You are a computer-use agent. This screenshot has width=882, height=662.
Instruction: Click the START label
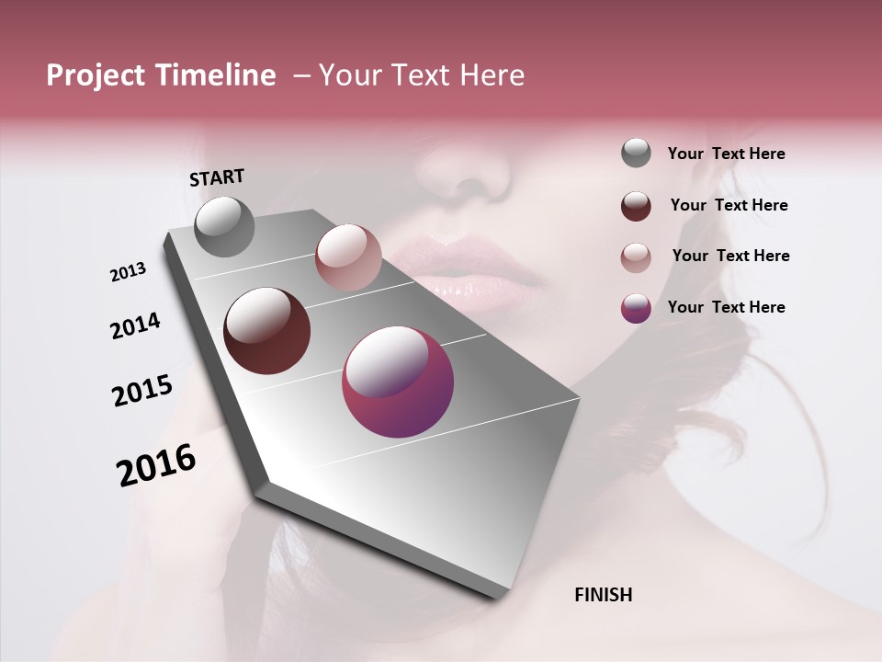(217, 177)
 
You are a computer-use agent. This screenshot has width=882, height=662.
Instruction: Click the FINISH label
(603, 595)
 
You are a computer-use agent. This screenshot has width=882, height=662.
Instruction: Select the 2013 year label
(128, 272)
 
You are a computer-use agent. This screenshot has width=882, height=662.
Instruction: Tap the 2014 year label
(135, 325)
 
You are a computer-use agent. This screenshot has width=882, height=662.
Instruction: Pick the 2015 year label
(141, 391)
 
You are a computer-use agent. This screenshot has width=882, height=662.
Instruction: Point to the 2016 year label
(156, 465)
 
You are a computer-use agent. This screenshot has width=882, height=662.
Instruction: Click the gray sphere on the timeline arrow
(224, 226)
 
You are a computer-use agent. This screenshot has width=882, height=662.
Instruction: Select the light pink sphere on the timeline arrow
(348, 257)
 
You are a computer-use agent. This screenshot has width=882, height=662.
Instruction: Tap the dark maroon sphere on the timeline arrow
(266, 330)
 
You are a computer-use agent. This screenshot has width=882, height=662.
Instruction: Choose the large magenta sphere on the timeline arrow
(398, 382)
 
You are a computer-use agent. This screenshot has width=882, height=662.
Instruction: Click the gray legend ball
(636, 154)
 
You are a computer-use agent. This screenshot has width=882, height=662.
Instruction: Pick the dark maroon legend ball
(636, 205)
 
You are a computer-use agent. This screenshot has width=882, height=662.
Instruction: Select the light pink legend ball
(636, 257)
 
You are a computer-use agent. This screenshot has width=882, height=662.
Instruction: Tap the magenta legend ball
(636, 307)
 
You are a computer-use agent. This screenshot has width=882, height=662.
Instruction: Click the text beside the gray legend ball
(726, 154)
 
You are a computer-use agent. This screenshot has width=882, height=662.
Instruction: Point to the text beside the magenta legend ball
(726, 307)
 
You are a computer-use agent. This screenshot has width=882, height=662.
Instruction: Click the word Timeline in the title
(217, 75)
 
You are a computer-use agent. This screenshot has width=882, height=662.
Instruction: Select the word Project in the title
(95, 75)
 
